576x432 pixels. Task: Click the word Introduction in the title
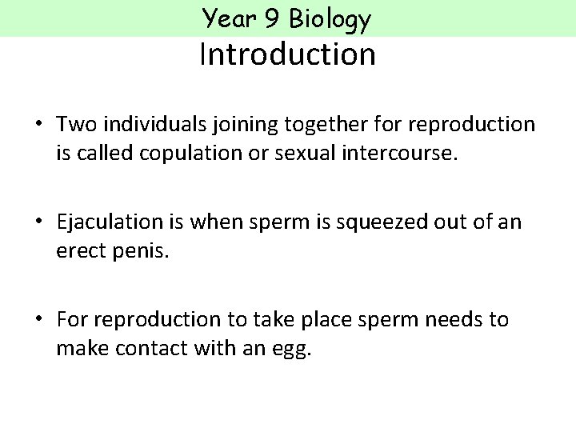pos(287,54)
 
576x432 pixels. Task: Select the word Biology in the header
pos(330,19)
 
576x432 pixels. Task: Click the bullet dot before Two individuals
pos(38,125)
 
